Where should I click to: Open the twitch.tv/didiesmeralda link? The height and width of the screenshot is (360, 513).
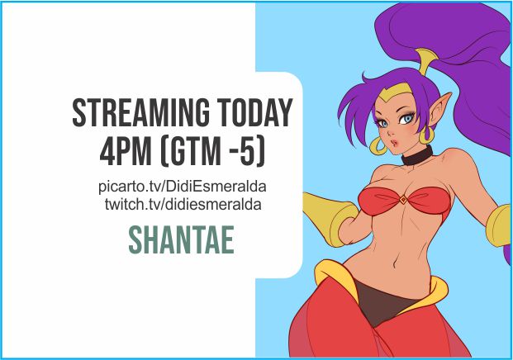tap(183, 203)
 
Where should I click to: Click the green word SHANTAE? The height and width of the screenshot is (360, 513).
tap(181, 239)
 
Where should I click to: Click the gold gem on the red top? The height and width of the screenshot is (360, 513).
tap(402, 198)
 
